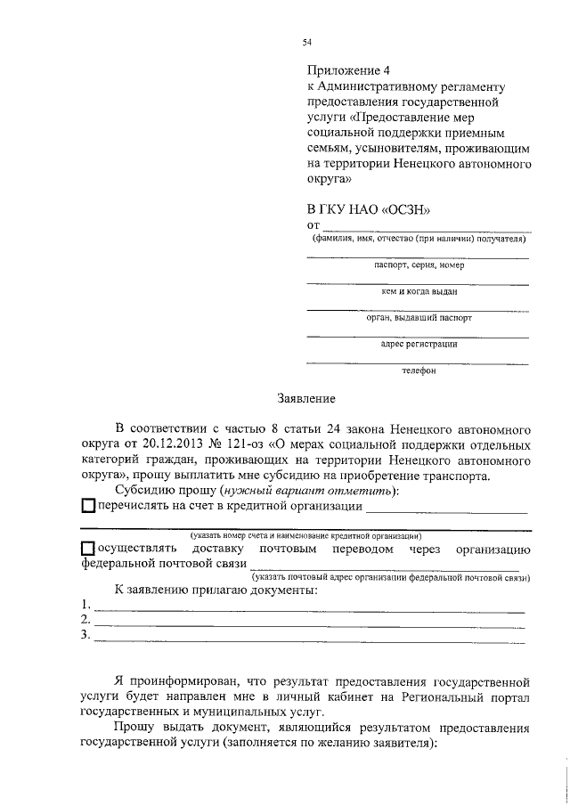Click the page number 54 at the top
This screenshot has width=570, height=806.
click(306, 41)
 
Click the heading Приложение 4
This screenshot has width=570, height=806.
click(348, 69)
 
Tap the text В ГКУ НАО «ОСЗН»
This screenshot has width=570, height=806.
click(368, 208)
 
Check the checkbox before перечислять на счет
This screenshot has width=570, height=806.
click(86, 507)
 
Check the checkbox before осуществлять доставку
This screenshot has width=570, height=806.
click(86, 550)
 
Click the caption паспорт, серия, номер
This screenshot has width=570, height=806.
click(418, 265)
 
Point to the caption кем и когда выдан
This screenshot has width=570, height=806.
click(418, 291)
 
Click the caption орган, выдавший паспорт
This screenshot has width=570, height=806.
click(418, 317)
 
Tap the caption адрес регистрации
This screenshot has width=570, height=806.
click(418, 344)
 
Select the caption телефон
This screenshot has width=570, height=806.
click(418, 370)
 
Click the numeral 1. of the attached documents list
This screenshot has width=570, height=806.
click(85, 605)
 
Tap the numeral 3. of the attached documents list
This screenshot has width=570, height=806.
click(85, 635)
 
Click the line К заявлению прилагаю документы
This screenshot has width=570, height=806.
click(216, 590)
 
